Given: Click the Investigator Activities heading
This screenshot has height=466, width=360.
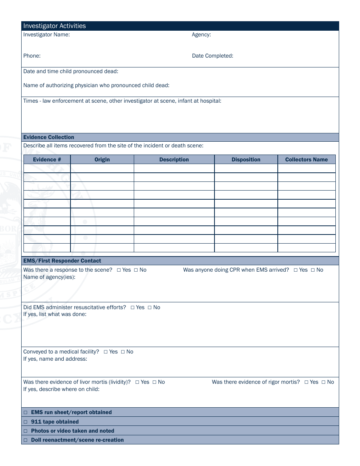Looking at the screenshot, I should [x=55, y=26].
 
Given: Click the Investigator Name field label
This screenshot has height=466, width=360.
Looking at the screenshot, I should [x=47, y=35].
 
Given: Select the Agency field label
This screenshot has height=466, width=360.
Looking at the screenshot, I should [x=201, y=35].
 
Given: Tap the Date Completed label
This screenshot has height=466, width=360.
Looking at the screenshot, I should [x=213, y=56].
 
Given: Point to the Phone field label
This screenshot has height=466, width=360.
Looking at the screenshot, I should [x=32, y=56].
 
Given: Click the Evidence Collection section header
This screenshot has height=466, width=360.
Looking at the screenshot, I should [x=49, y=137].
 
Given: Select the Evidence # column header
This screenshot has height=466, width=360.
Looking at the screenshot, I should [x=47, y=160].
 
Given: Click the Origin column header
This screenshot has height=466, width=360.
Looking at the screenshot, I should [x=102, y=160].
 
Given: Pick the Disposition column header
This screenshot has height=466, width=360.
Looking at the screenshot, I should [x=246, y=160].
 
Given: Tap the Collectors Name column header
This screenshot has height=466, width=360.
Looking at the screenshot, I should [x=306, y=160].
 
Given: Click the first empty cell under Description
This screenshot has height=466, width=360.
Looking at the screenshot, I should [x=174, y=168].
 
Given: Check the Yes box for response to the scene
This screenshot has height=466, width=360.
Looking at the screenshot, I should [x=119, y=270].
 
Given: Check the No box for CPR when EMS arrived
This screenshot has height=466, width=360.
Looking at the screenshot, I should [x=313, y=270].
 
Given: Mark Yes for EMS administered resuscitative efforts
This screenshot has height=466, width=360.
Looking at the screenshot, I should [x=133, y=308].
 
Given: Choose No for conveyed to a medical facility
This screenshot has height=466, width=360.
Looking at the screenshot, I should [x=123, y=352].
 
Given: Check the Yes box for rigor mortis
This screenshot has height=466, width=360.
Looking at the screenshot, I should [x=306, y=382].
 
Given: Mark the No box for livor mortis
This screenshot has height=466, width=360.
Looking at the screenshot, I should [x=154, y=382].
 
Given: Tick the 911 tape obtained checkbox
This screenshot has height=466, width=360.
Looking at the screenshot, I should [x=26, y=422].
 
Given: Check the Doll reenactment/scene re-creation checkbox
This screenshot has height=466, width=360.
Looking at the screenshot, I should [x=26, y=440].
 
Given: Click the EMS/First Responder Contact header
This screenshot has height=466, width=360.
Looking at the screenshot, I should [x=62, y=261].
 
